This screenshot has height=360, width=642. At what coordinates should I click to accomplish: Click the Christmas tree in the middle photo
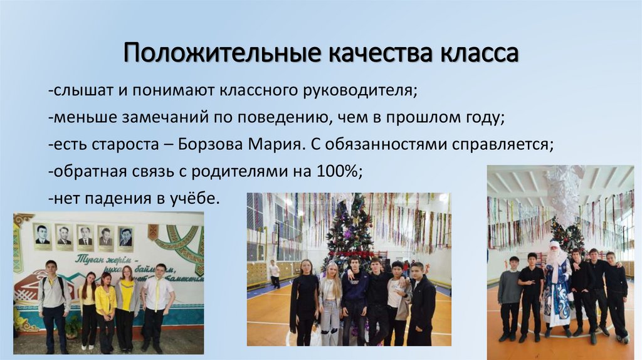349,232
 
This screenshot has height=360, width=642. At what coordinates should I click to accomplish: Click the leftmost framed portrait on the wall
42,235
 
